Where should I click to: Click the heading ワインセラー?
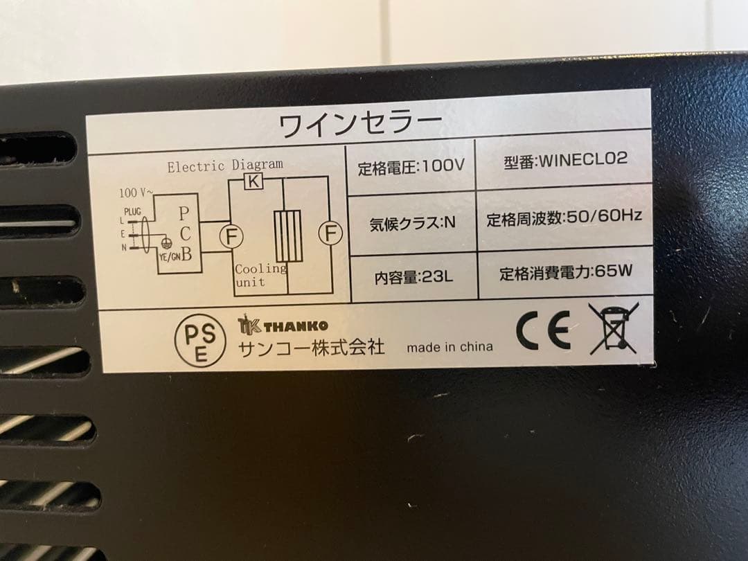click(x=359, y=125)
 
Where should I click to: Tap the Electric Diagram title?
click(x=225, y=166)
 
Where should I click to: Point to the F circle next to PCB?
click(x=231, y=236)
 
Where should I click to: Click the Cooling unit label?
click(x=260, y=275)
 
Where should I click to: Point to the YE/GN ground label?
click(x=170, y=257)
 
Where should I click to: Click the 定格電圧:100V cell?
click(x=411, y=168)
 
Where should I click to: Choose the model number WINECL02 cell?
click(x=565, y=159)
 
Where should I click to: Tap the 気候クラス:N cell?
click(x=412, y=223)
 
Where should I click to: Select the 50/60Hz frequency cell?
click(x=564, y=217)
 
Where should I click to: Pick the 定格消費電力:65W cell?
click(x=565, y=272)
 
